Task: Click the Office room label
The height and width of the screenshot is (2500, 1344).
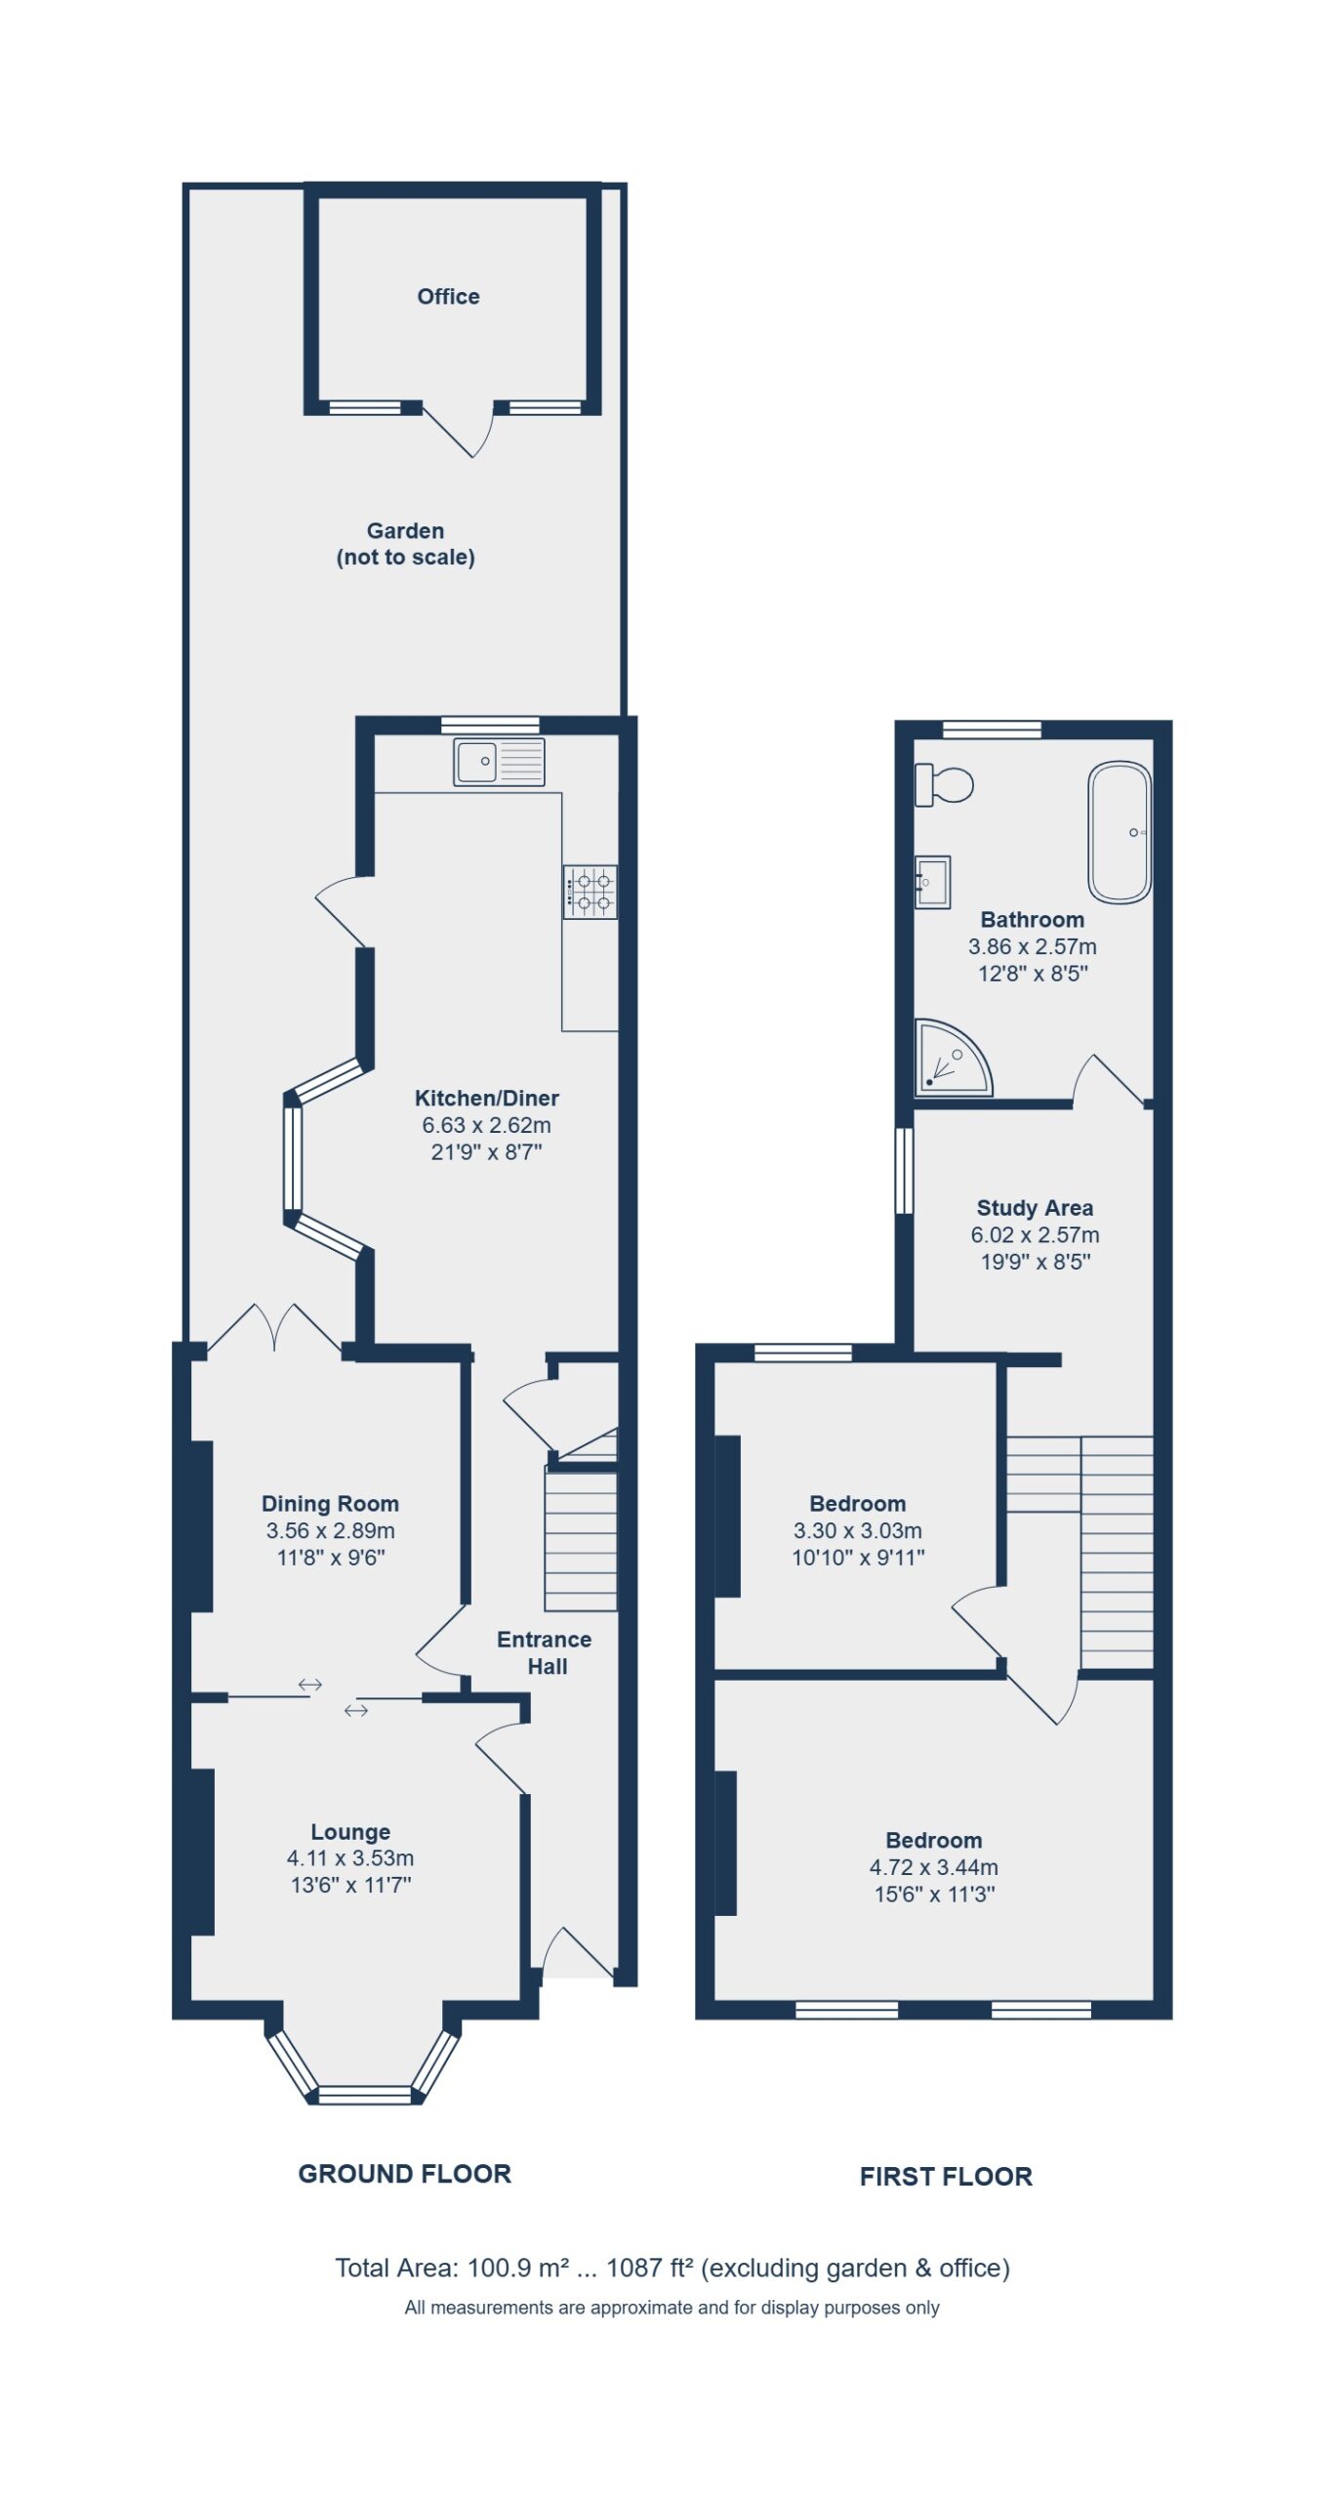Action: (x=448, y=296)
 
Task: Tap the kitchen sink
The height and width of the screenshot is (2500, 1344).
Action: (x=499, y=762)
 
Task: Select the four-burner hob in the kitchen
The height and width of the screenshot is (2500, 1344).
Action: (x=590, y=892)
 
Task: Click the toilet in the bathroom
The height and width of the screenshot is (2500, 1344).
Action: (x=944, y=784)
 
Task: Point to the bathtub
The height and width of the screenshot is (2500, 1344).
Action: (x=1120, y=832)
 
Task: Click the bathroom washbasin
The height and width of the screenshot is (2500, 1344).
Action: (x=932, y=882)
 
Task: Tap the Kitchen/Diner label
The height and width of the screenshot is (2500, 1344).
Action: (x=486, y=1098)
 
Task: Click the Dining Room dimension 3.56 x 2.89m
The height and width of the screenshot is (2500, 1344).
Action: (x=330, y=1530)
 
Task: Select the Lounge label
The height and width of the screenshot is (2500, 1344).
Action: (x=350, y=1831)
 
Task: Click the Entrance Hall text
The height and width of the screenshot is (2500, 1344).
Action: (x=545, y=1652)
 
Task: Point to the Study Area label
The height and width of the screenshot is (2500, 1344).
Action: (x=1035, y=1208)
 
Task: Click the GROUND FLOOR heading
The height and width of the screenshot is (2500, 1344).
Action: (x=404, y=2174)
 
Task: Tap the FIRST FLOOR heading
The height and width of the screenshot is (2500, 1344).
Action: (x=946, y=2177)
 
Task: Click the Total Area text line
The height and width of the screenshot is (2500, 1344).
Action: (x=672, y=2268)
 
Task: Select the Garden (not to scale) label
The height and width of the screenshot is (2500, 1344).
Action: (x=405, y=544)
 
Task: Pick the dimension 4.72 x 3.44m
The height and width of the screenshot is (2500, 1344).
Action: (x=934, y=1867)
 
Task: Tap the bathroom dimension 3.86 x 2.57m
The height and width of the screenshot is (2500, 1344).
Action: (x=1033, y=946)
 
